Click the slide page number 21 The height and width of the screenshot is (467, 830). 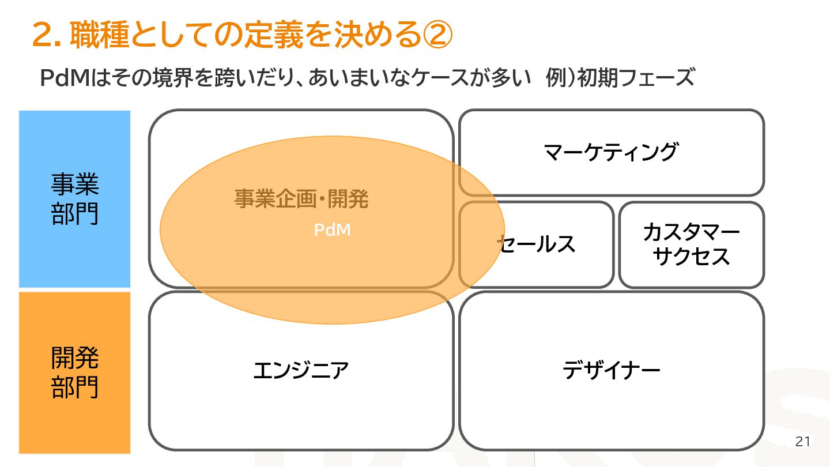click(802, 442)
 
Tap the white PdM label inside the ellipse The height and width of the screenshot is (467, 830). click(332, 230)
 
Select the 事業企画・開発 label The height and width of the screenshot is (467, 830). click(301, 199)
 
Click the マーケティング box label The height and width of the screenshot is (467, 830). click(610, 152)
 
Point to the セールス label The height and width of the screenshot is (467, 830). click(537, 244)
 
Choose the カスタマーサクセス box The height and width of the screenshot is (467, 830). click(691, 244)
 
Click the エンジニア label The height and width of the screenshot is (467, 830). click(301, 370)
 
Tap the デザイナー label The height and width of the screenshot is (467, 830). click(611, 370)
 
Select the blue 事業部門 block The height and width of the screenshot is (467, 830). click(75, 199)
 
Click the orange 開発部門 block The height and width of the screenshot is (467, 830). click(75, 372)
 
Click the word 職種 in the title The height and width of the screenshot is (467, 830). click(99, 36)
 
